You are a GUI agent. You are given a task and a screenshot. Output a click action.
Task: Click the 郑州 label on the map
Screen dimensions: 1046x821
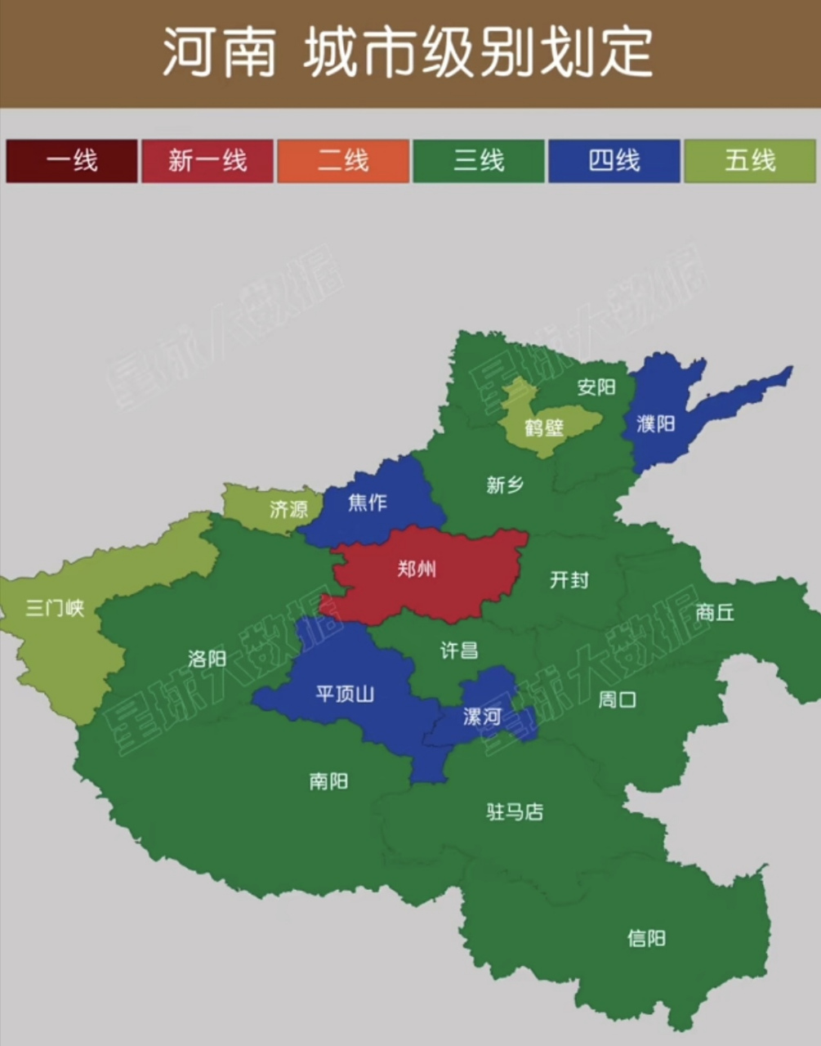(x=417, y=569)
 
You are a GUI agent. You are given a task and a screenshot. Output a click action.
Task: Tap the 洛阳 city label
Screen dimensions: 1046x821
(x=207, y=659)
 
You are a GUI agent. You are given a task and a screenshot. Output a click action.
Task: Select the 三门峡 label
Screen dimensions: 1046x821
(x=55, y=608)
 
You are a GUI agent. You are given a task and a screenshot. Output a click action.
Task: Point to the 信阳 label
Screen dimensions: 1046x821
(x=646, y=938)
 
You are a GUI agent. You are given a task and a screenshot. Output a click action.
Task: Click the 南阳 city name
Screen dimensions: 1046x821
(x=328, y=781)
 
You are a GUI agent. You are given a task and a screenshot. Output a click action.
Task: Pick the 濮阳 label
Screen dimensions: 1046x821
(x=656, y=424)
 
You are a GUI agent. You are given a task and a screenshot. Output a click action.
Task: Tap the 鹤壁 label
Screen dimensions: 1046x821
(x=544, y=427)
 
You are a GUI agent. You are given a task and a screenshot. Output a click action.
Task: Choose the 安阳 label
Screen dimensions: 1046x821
(x=596, y=387)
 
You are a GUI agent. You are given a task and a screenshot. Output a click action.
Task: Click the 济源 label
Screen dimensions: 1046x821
(x=288, y=509)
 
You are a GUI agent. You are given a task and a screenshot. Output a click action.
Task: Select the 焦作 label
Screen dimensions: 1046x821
(x=368, y=503)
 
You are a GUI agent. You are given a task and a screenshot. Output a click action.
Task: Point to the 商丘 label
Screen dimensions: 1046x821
(x=715, y=612)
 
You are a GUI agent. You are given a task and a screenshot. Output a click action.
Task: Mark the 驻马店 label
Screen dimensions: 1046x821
(x=515, y=812)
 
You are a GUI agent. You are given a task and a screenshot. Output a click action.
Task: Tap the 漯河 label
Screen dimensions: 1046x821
(x=482, y=717)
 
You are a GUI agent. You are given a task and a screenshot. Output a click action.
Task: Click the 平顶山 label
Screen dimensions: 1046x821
(x=345, y=695)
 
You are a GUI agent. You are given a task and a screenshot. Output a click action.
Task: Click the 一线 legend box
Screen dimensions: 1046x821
(x=72, y=161)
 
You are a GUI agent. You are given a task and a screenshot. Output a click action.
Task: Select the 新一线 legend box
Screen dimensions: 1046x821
(x=207, y=161)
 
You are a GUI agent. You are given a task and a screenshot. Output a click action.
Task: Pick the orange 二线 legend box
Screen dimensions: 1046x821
(x=343, y=161)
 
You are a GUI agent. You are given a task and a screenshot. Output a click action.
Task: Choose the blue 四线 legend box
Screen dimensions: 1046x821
(x=614, y=161)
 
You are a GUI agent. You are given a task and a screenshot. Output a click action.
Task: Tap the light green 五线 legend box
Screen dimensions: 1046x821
(x=749, y=161)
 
